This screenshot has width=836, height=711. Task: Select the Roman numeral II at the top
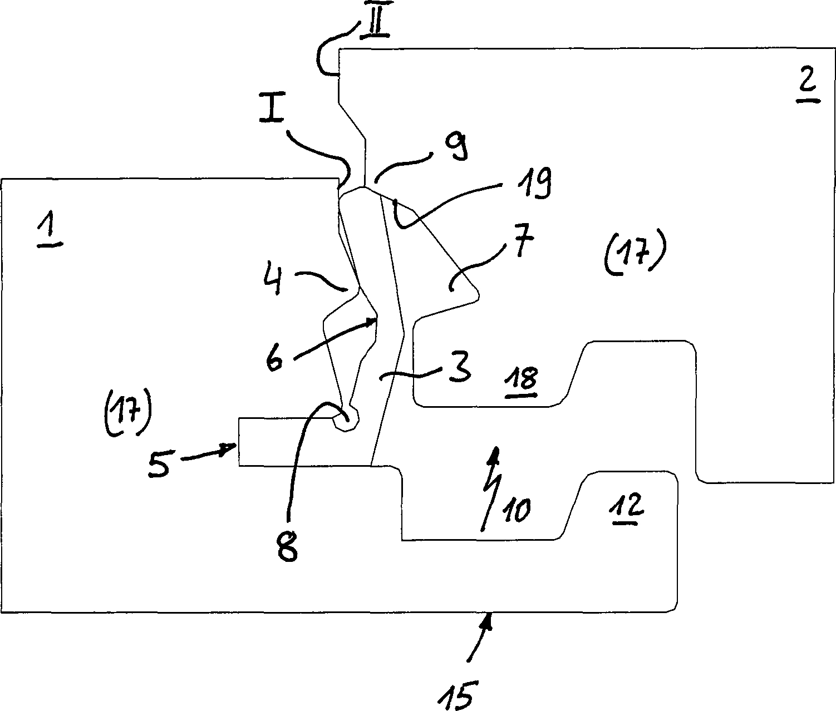coord(374,26)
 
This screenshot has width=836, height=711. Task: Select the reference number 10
coord(518,509)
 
